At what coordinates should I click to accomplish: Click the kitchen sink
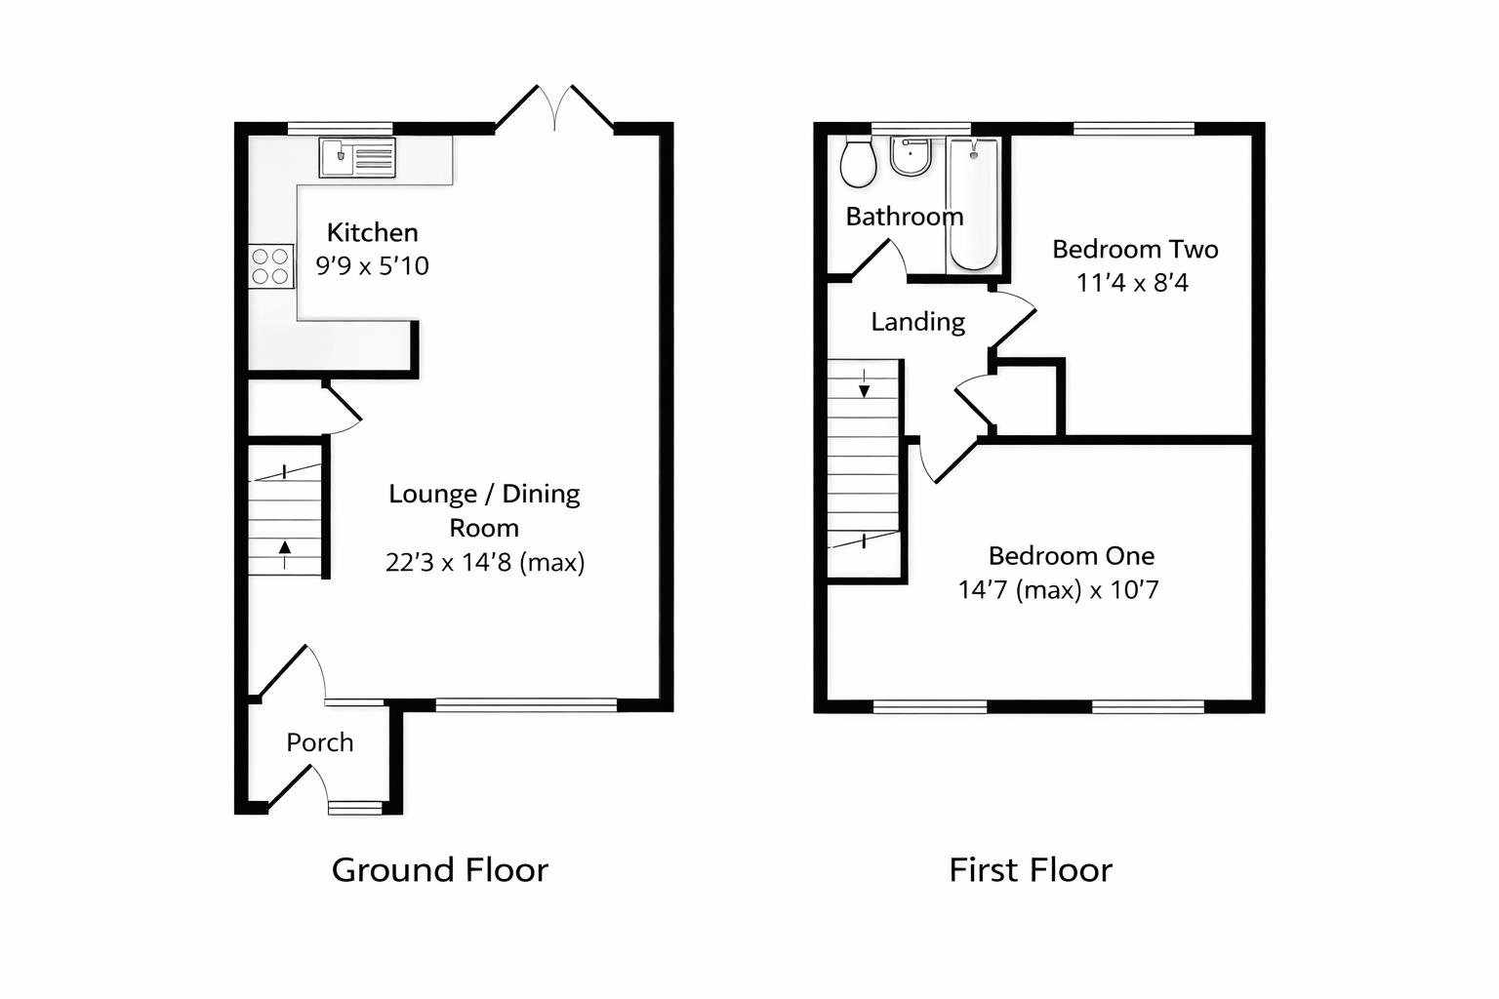(357, 157)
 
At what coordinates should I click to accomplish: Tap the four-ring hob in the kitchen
(270, 266)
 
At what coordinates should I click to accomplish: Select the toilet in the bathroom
(858, 162)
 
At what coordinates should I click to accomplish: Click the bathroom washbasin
(911, 156)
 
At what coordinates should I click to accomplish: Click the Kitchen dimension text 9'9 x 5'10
(372, 266)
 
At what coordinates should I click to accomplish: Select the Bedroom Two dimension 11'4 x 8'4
(1132, 283)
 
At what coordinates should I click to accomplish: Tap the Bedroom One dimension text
(1058, 590)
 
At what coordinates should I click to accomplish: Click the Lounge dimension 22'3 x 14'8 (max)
(485, 563)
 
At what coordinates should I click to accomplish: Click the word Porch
(319, 742)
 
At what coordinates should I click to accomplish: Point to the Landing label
(917, 322)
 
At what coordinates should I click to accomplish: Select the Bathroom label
(904, 217)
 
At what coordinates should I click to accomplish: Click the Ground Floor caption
(439, 869)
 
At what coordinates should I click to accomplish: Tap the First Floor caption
(1030, 869)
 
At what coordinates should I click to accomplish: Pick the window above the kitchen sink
(340, 128)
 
